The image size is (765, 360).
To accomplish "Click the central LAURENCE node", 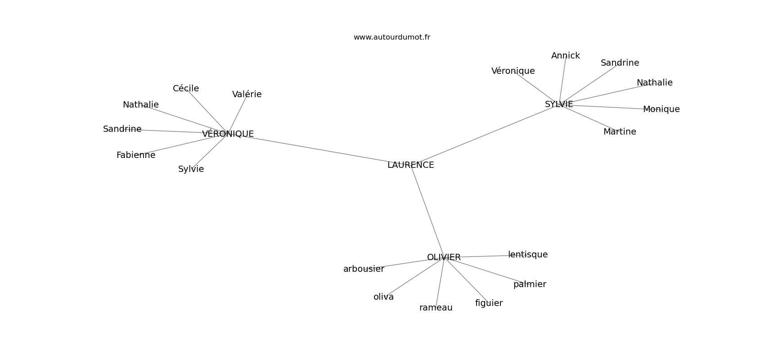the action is pos(410,165).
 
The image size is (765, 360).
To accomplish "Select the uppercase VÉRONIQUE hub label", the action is pos(228,134).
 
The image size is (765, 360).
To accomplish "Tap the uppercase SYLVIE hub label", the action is pos(559,104).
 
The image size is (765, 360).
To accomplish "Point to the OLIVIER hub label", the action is pos(444,257).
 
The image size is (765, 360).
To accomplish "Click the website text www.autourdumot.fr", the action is pos(391,37).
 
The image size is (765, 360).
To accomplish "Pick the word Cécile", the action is pos(186,89).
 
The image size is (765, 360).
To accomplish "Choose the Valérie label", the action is pos(247,94).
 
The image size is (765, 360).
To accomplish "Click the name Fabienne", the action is pos(136,155).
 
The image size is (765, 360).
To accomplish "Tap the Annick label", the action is pos(566,56).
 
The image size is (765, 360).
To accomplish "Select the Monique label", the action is pos(661,109).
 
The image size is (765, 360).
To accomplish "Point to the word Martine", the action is pos(620,131).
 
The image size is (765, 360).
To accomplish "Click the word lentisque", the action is pos(528,254).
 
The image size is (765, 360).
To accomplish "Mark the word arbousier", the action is pos(364,269).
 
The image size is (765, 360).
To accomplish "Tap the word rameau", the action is pos(436,308).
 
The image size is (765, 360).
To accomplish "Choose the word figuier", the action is pos(489,303).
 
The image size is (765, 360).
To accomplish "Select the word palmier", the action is pos(530,284).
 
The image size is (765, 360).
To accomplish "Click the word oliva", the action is pos(383,297).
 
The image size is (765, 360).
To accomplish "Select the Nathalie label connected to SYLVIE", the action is pos(655,83).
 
